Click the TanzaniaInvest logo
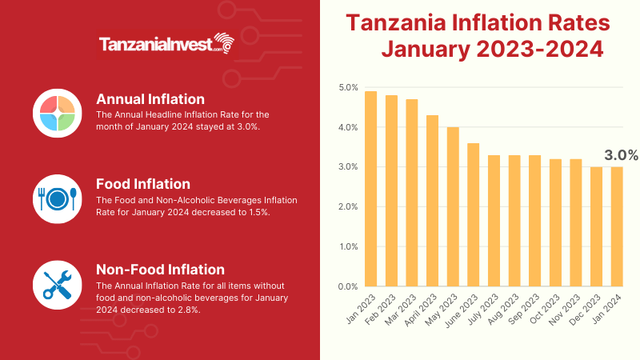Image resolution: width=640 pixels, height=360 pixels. point(168,45)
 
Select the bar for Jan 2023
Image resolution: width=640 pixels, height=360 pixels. point(370,189)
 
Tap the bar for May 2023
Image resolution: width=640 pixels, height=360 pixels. point(453,206)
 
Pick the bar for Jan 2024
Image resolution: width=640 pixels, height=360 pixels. point(616,226)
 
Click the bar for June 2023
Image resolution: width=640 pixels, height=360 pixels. point(473,214)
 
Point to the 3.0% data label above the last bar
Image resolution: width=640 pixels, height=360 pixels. point(620,155)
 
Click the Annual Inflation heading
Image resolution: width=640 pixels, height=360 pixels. point(150,99)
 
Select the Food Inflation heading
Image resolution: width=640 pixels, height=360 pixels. point(143,184)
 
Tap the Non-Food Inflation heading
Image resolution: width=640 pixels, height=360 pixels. point(160,269)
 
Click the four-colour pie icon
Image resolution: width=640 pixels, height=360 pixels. point(54,110)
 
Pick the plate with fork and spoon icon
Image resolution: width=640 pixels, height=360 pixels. point(54,198)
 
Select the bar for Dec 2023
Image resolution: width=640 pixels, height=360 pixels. point(596,226)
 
